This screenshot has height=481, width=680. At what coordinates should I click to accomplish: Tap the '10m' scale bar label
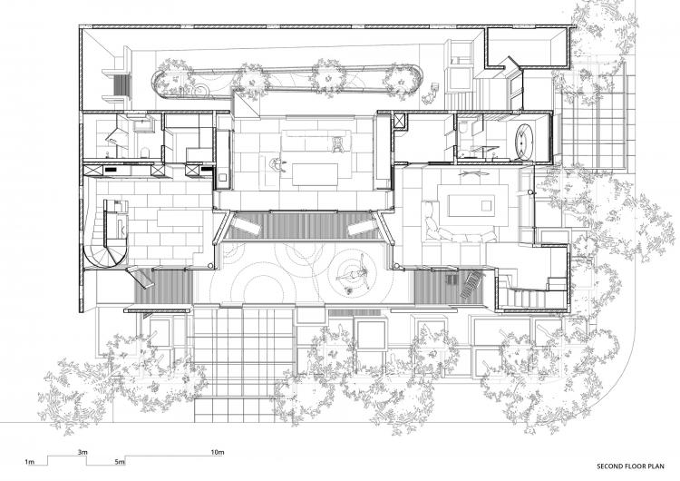[x=218, y=451]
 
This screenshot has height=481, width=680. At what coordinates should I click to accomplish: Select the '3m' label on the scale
[x=83, y=451]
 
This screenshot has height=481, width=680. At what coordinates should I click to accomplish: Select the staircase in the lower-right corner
[x=526, y=296]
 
